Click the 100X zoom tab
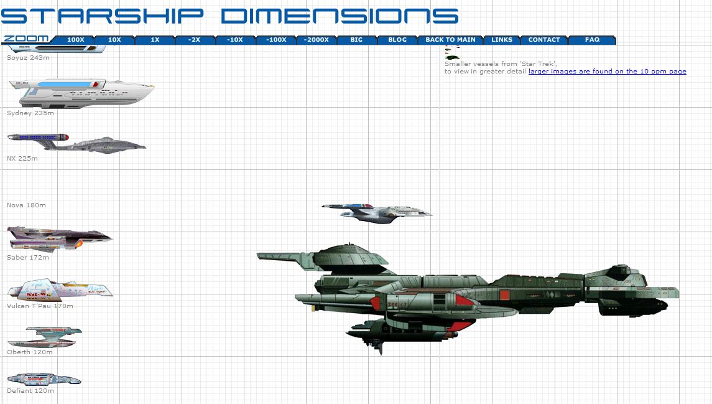[76, 40]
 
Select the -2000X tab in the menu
[316, 40]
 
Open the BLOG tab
[397, 40]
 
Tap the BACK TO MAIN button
[450, 40]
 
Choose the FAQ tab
[592, 40]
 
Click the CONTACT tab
[544, 40]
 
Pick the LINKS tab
[502, 40]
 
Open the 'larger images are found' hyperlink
[607, 72]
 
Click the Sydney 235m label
[30, 113]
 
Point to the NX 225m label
[22, 159]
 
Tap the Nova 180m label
[26, 205]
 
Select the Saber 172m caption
[28, 258]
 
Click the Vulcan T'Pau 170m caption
[40, 306]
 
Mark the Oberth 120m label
[29, 352]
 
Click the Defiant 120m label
[30, 391]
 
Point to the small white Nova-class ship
[377, 213]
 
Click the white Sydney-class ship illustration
[81, 93]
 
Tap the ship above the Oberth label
[45, 337]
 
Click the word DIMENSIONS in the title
[340, 16]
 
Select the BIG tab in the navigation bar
[356, 40]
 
